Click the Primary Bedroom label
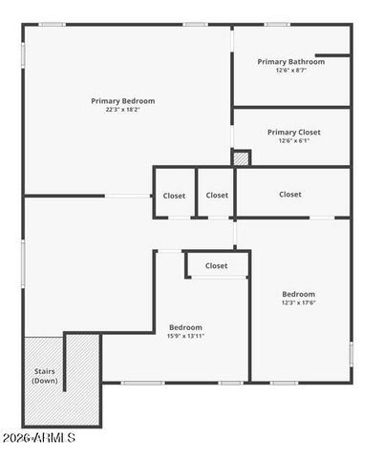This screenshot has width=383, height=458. pos(123,101)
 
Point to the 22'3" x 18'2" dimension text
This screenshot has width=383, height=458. pos(123,110)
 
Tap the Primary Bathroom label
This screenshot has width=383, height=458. pos(291,62)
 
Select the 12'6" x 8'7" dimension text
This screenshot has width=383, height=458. pos(291,71)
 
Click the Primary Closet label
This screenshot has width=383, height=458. pos(294,133)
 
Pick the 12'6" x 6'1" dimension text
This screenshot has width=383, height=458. pos(294,141)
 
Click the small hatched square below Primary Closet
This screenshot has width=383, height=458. pos(242,158)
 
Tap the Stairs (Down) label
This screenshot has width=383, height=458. pos(45,377)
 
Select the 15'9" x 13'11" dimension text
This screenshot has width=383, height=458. pos(186,336)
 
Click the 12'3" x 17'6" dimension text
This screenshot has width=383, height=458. pos(299,303)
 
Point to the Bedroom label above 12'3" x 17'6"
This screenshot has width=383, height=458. pos(299,294)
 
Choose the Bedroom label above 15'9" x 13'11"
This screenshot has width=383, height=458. pos(186,327)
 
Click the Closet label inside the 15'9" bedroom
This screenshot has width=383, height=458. pos(217,266)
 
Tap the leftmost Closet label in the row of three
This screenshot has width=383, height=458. pos(175,196)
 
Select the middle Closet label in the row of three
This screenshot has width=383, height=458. pos(217,196)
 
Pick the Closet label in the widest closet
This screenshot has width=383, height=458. pos(290,195)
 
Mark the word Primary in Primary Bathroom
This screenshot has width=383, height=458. pos(274,62)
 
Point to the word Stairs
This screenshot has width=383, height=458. pos(45,372)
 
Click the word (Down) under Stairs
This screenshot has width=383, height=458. pos(45,382)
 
